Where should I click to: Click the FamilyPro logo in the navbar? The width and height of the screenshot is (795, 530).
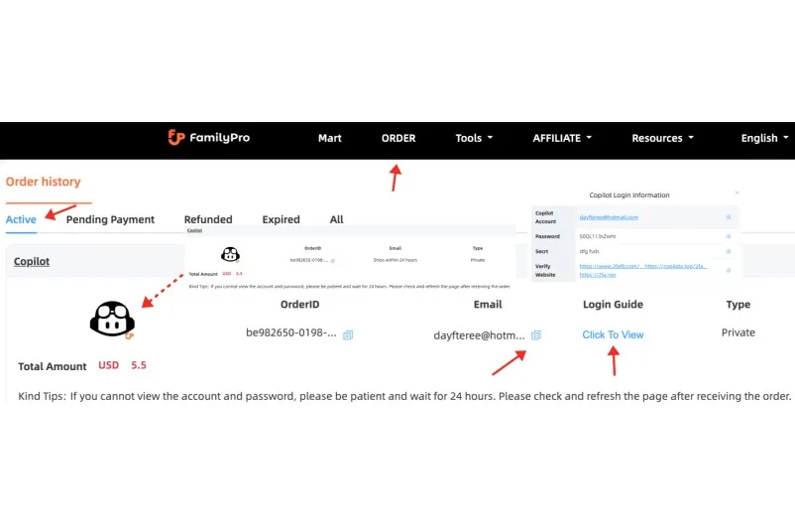[x=208, y=138]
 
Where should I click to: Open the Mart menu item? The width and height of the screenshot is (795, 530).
[x=329, y=139]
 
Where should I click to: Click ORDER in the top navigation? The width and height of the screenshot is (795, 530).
[x=398, y=139]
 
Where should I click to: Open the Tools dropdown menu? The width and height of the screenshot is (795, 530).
[x=474, y=139]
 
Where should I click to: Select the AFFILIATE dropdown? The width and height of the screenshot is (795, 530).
[x=561, y=139]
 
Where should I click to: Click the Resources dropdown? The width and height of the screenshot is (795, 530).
[x=662, y=139]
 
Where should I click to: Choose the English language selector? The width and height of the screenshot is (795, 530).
[x=764, y=139]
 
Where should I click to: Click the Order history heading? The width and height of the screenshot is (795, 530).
[x=44, y=182]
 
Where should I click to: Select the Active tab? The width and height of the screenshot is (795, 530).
[x=21, y=219]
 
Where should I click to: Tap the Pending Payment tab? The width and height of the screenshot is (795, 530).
[x=110, y=219]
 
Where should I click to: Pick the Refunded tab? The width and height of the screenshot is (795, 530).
[x=208, y=219]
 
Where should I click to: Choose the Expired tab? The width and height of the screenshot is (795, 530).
[x=281, y=219]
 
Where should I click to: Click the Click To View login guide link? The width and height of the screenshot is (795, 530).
[x=613, y=334]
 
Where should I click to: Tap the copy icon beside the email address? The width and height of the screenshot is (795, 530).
[x=536, y=335]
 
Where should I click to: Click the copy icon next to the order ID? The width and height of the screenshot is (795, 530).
[x=348, y=335]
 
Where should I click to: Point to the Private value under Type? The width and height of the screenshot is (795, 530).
[x=738, y=333]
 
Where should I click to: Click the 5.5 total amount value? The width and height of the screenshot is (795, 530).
[x=139, y=365]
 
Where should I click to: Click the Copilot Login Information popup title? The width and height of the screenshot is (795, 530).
[x=628, y=196]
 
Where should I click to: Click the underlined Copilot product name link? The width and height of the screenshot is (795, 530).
[x=32, y=261]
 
